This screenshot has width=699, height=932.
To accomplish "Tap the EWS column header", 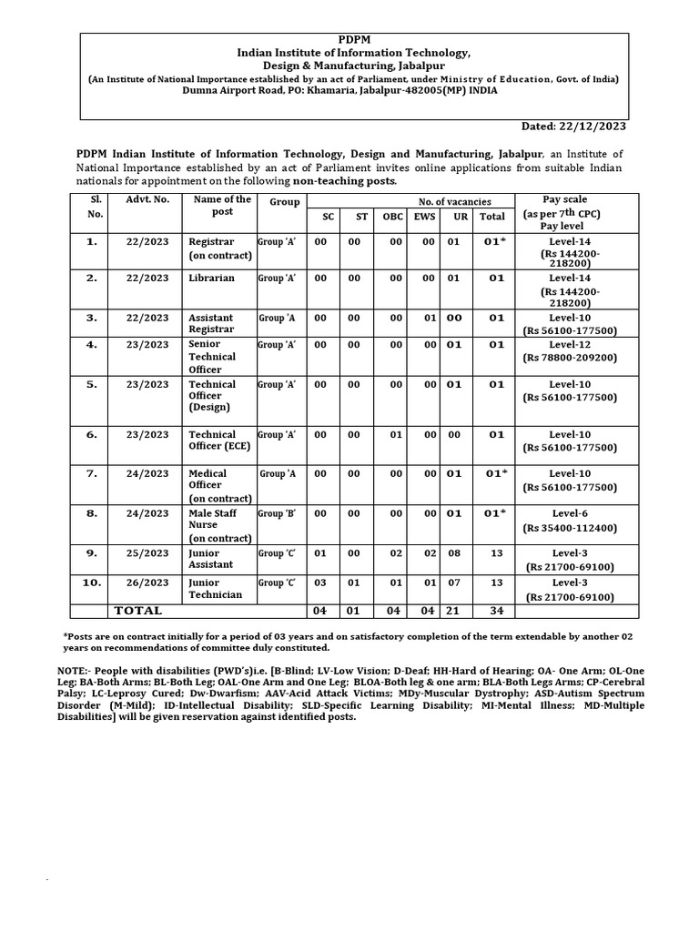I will [x=425, y=217].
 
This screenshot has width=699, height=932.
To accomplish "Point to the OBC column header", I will [x=392, y=217].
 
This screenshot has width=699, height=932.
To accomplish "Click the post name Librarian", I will [x=211, y=279].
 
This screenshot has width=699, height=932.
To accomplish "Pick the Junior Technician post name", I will [x=215, y=588].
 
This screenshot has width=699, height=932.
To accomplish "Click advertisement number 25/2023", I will [x=147, y=553].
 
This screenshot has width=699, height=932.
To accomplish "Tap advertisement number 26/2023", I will [x=147, y=582].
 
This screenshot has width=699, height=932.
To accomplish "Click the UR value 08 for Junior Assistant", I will [x=454, y=553].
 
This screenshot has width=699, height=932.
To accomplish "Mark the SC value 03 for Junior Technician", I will [x=319, y=582].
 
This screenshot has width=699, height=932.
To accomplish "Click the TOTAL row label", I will [x=137, y=611].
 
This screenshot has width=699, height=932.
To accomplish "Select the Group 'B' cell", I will [x=277, y=514].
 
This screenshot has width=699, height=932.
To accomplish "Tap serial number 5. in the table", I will [x=91, y=385].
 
